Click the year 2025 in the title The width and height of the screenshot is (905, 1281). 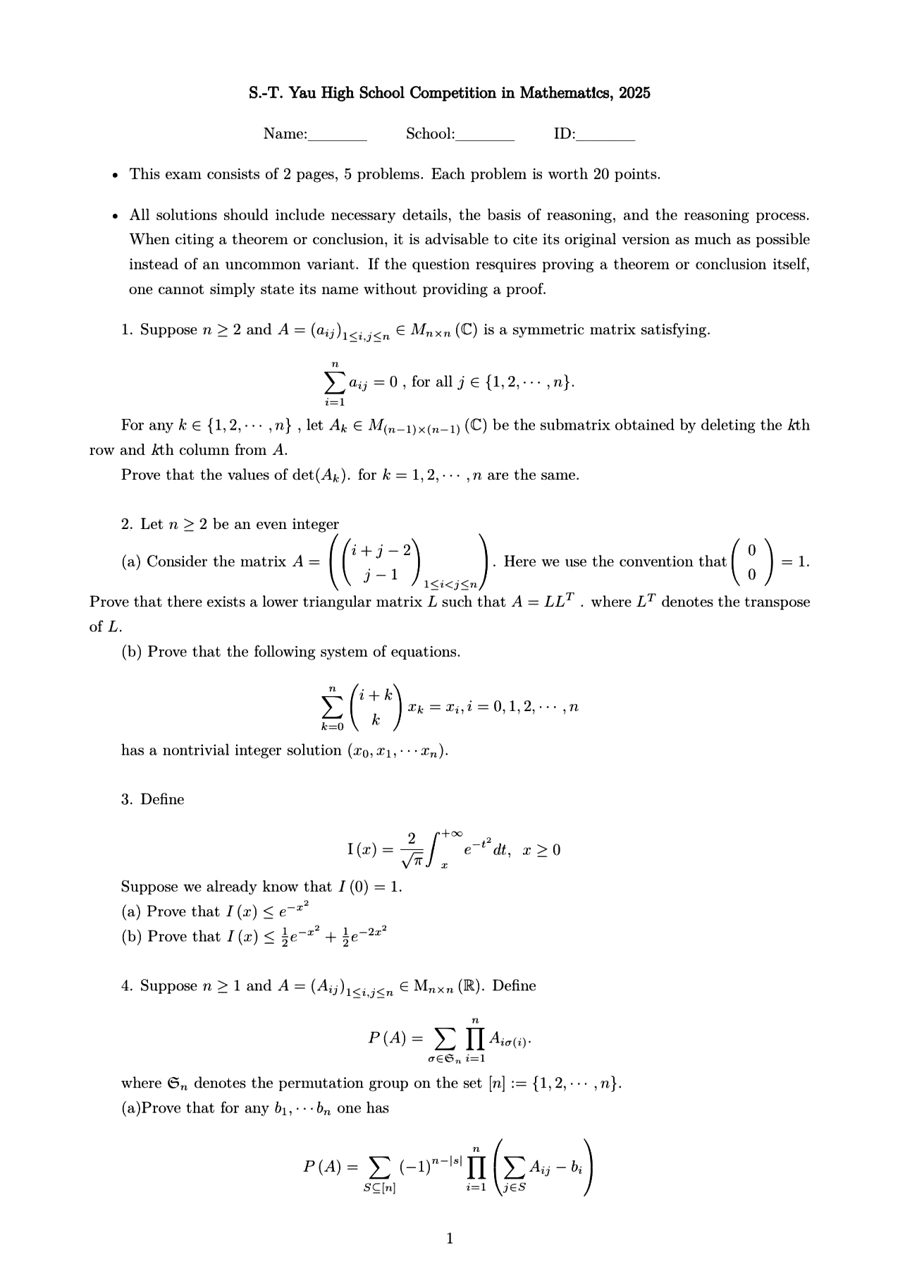point(634,93)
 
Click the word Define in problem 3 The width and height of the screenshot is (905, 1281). point(162,799)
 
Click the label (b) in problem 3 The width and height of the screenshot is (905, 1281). point(132,937)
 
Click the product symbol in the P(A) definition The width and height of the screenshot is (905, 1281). point(476,1038)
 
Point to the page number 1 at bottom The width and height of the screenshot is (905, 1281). point(451,1239)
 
